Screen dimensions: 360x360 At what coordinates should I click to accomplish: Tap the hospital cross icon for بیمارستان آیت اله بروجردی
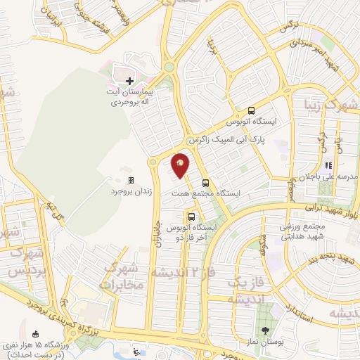tap(129, 81)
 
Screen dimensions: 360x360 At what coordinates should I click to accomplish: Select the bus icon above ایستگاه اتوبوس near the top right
tap(251, 110)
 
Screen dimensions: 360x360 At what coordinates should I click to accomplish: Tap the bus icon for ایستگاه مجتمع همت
tap(205, 183)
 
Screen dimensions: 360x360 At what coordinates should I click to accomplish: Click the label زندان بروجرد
tap(131, 191)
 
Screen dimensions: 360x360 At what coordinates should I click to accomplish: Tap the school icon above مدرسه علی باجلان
tap(328, 165)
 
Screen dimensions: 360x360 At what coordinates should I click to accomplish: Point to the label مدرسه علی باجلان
tap(329, 176)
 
